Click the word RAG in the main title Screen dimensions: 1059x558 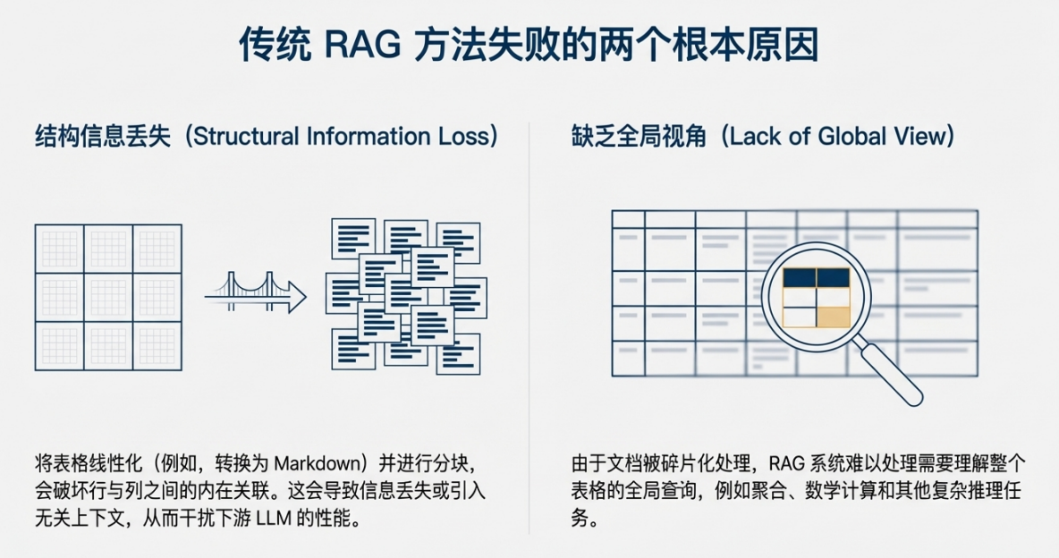362,46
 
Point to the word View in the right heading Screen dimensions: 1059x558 919,136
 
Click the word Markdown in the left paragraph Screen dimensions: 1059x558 319,463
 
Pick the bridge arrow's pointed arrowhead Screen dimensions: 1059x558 297,297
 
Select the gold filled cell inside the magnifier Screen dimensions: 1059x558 833,317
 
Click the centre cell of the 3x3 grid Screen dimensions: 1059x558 108,297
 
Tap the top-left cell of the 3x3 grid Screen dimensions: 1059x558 59,249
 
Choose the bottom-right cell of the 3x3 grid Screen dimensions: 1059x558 157,345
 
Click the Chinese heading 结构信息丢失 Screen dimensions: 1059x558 103,136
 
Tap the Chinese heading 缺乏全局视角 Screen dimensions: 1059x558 639,136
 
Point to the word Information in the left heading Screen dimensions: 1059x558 369,136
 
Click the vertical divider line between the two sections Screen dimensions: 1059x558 529,327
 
